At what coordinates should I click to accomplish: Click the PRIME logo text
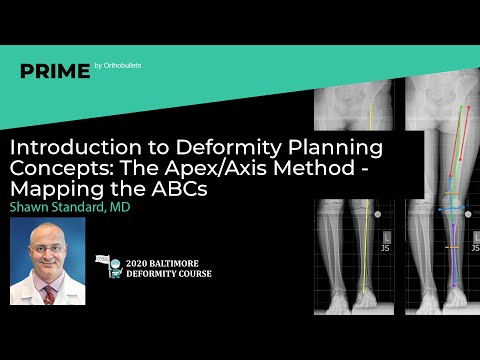click(x=56, y=71)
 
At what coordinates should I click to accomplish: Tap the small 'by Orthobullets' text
click(x=118, y=66)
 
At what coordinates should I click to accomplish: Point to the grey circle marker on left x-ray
click(x=378, y=214)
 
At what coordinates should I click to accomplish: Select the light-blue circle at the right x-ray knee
click(x=451, y=205)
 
